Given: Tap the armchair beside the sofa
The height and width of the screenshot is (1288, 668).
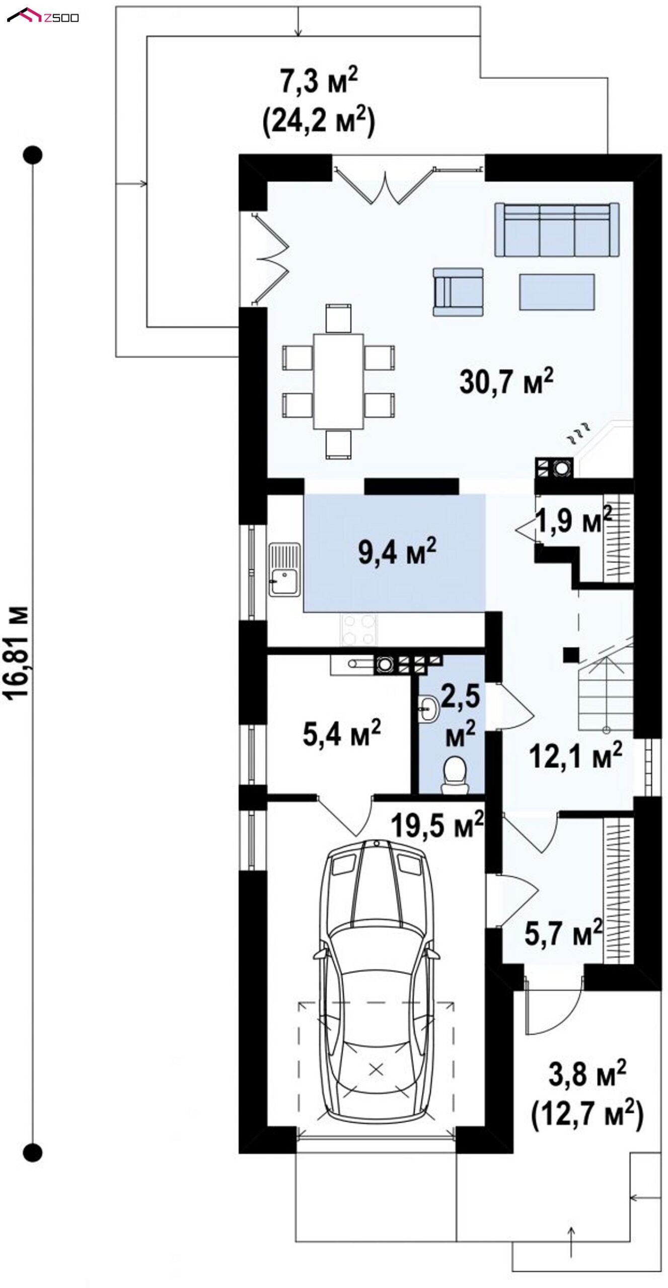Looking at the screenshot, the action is [x=458, y=291].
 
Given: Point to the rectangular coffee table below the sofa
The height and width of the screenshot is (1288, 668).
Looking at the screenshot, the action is [x=557, y=292].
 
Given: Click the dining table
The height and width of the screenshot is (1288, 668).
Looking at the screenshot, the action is [x=338, y=380].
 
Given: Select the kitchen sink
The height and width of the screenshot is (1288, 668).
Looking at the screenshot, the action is [x=284, y=569].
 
